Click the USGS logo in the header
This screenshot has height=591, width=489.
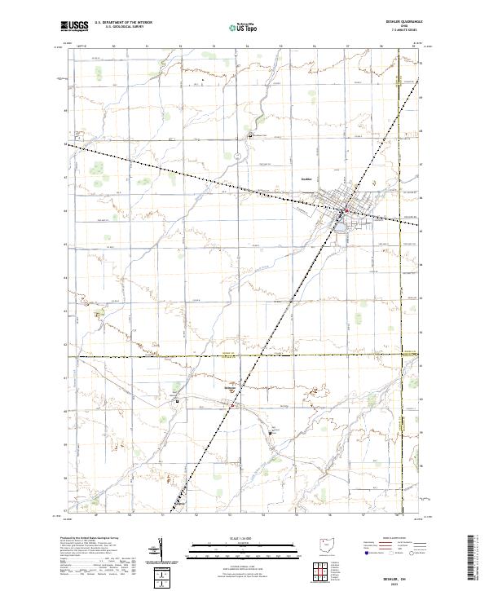(x=74, y=26)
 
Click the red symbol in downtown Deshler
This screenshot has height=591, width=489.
(x=346, y=211)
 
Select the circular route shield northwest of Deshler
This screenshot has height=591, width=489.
(x=235, y=154)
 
